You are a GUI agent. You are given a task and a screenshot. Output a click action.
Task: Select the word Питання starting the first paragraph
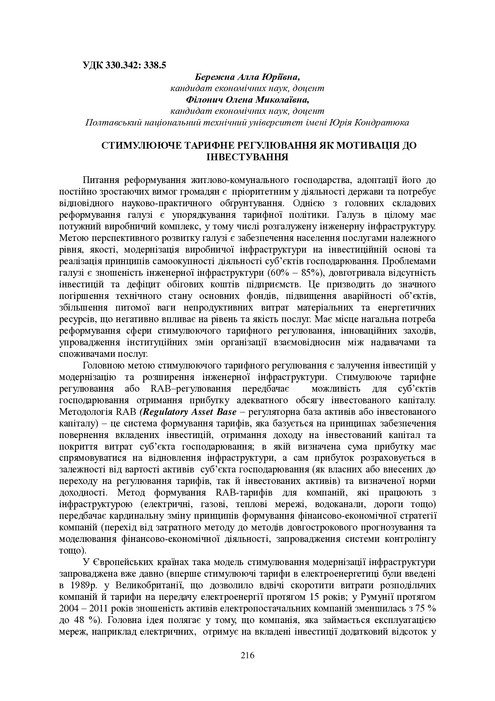101,180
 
